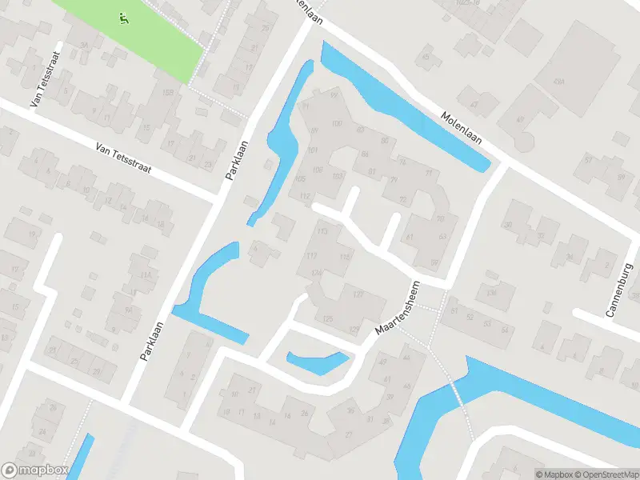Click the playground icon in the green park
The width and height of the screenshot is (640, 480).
[122, 18]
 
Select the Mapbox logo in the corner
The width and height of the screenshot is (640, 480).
[34, 470]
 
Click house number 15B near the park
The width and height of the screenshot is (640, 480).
[167, 94]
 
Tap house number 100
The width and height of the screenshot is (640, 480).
[336, 123]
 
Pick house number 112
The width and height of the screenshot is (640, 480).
[304, 196]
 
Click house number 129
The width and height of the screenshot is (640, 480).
[354, 329]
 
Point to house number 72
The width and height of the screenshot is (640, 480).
[402, 199]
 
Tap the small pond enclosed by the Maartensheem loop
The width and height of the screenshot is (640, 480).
[318, 362]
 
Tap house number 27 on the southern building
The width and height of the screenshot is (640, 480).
[349, 434]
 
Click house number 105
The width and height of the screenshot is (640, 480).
[300, 178]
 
